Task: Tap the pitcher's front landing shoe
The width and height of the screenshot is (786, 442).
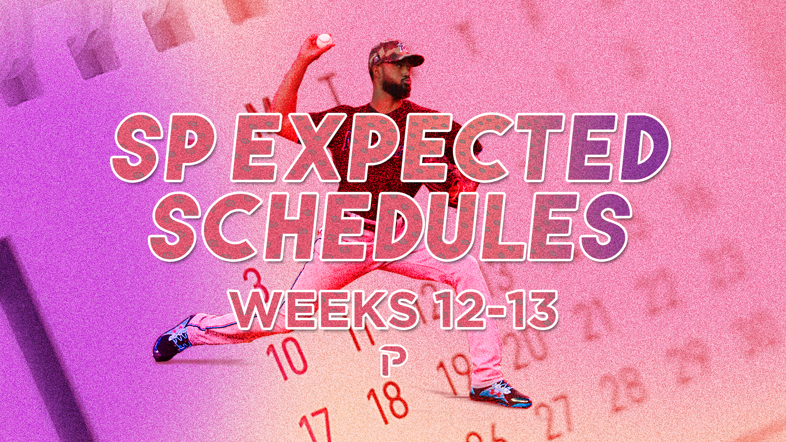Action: pos(500,395)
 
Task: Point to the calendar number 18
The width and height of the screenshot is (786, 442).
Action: pos(388,403)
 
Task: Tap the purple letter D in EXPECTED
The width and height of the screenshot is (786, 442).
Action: pos(646,147)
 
